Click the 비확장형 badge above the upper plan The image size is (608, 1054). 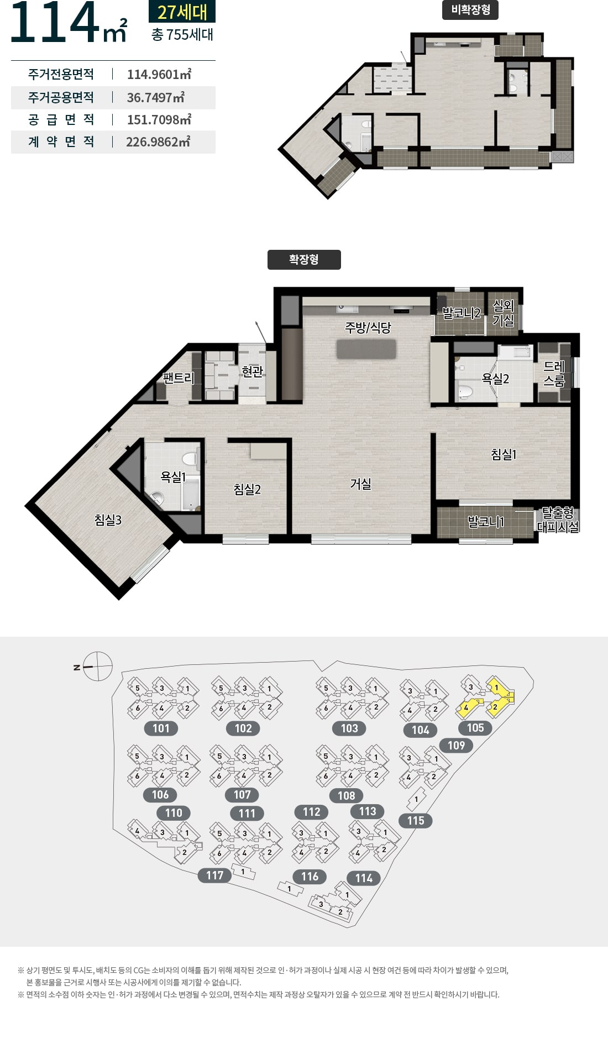(470, 10)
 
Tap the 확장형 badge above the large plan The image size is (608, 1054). (304, 260)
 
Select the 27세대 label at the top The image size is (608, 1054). (182, 12)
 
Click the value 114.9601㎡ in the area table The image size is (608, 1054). (159, 74)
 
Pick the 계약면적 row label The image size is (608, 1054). (61, 142)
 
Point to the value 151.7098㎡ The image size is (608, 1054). (159, 119)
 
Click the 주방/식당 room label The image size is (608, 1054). (368, 327)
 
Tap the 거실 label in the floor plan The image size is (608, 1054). (360, 484)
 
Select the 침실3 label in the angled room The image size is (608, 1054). (108, 520)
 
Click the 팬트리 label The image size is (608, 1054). (179, 378)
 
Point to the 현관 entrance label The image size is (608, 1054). (252, 371)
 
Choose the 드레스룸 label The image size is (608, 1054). (554, 374)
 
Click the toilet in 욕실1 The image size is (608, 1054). (190, 458)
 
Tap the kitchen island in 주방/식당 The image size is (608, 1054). (366, 349)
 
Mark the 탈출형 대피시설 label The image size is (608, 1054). (558, 520)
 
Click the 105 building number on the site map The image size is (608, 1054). (475, 728)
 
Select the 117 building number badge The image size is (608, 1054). (215, 875)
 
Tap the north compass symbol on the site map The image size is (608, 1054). (98, 667)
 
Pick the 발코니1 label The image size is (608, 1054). (486, 521)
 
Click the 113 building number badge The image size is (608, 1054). (368, 811)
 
